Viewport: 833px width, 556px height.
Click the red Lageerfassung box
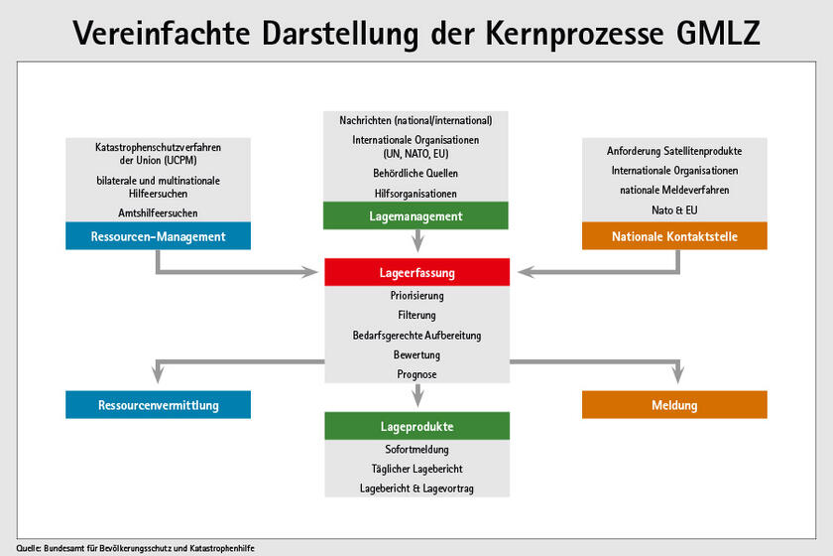point(416,271)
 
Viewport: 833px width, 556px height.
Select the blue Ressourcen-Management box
point(158,236)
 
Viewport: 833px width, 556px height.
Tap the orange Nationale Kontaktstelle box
point(674,236)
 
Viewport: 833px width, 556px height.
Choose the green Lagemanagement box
point(416,215)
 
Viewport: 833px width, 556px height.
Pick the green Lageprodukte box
point(416,426)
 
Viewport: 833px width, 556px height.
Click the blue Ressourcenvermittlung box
point(158,405)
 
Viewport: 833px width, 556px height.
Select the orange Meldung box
point(674,405)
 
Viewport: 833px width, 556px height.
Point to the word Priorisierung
point(416,296)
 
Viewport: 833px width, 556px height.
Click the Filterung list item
point(416,316)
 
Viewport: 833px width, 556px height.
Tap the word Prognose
point(416,374)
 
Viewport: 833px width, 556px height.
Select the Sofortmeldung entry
point(416,450)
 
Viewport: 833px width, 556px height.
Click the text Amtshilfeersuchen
point(158,212)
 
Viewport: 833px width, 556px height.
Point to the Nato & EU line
point(674,208)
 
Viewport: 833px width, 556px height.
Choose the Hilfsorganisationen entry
point(416,193)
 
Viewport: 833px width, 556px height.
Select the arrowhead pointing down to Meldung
point(679,374)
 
